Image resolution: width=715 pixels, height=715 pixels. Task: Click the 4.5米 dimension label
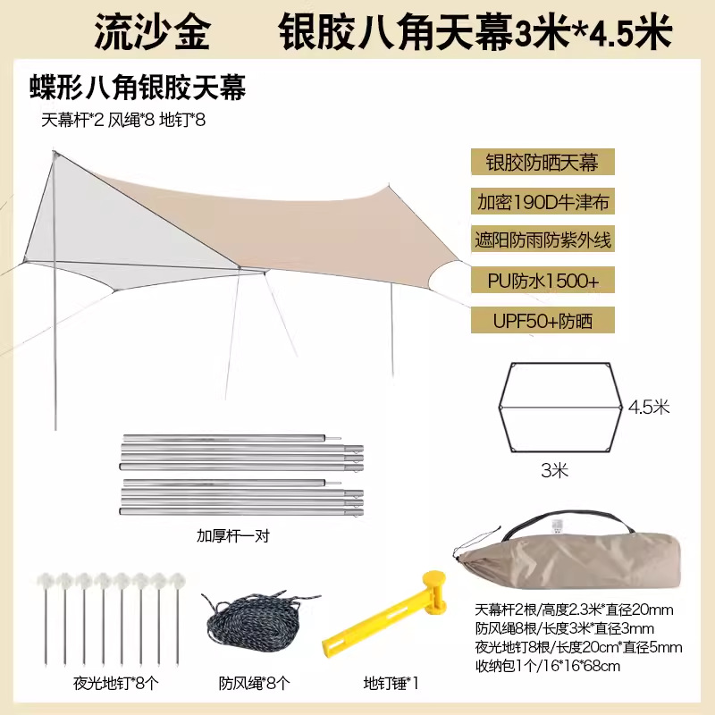(649, 408)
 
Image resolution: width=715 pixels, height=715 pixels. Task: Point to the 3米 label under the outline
(555, 467)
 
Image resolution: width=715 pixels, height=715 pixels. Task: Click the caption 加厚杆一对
(233, 536)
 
